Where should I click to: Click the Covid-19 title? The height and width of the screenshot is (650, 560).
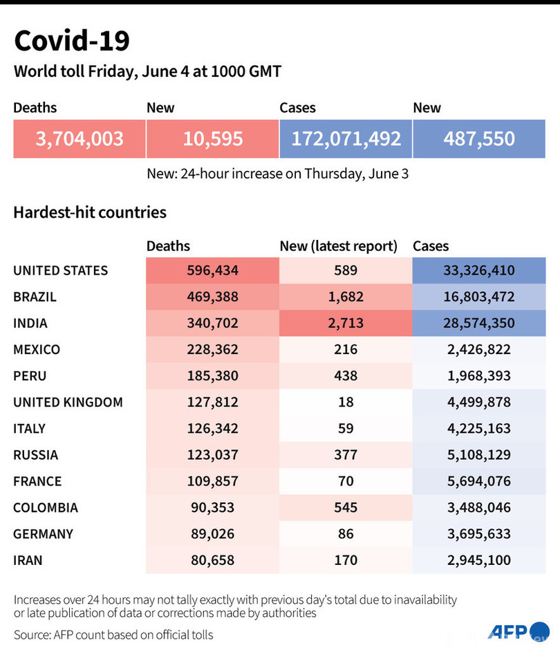(71, 41)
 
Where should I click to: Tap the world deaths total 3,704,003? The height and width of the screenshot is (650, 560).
(80, 138)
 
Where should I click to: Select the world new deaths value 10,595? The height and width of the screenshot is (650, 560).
(213, 138)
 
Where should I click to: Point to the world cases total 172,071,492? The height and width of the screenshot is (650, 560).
(346, 138)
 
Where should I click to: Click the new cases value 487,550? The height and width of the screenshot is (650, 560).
(479, 138)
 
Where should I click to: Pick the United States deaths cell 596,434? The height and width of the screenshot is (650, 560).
(212, 270)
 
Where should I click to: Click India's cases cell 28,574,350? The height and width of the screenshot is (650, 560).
(479, 323)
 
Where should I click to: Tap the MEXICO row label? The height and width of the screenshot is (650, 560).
(37, 349)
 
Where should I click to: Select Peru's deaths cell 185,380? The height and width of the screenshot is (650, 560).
(212, 375)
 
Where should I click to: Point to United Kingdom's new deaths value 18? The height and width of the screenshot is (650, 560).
(346, 402)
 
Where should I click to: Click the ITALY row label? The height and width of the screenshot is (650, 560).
(29, 428)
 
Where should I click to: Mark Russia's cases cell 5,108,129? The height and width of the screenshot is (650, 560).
(479, 454)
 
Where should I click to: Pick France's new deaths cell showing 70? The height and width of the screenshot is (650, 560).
(346, 481)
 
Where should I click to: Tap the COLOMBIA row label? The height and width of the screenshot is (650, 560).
(46, 507)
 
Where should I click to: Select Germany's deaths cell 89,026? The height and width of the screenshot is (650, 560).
(212, 533)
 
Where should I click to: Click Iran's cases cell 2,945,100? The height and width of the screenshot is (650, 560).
(479, 559)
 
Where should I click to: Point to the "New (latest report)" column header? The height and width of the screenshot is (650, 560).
(338, 245)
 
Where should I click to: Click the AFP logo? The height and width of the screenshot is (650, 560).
(517, 631)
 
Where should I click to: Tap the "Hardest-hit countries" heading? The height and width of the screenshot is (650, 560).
(90, 212)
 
